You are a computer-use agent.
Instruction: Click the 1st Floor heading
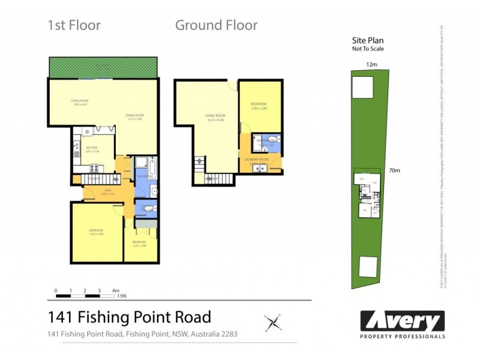[74, 25]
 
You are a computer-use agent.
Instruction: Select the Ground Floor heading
[216, 25]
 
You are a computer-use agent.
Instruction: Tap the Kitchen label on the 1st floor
[91, 147]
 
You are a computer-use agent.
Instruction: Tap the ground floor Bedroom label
[259, 104]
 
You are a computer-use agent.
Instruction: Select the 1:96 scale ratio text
[121, 296]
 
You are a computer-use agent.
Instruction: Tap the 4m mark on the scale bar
[115, 290]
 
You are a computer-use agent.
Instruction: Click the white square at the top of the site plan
[361, 88]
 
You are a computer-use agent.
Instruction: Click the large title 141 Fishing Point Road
[129, 317]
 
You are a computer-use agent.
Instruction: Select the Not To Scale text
[368, 49]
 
